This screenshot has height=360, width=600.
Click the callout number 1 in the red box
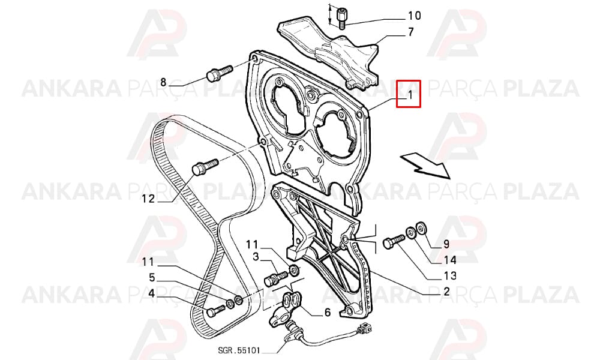tap(410, 94)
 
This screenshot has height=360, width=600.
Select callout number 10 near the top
tap(415, 16)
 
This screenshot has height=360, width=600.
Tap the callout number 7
tap(410, 32)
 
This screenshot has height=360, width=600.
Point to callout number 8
tap(163, 82)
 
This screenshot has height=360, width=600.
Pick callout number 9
tap(446, 244)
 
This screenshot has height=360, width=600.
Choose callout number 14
tap(450, 260)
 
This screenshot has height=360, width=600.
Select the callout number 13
tap(450, 276)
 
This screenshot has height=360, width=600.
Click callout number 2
tap(446, 292)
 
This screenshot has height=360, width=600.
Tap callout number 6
tap(327, 313)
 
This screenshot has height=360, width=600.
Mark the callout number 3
tap(256, 256)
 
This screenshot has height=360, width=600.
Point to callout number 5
tap(152, 277)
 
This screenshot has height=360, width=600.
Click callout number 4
tap(152, 294)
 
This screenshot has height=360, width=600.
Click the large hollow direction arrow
tap(425, 164)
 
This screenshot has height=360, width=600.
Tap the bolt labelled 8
tap(219, 73)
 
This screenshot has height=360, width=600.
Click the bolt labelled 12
tap(205, 167)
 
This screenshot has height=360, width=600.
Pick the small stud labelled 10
tap(341, 18)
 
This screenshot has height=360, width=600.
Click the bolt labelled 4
tap(216, 310)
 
